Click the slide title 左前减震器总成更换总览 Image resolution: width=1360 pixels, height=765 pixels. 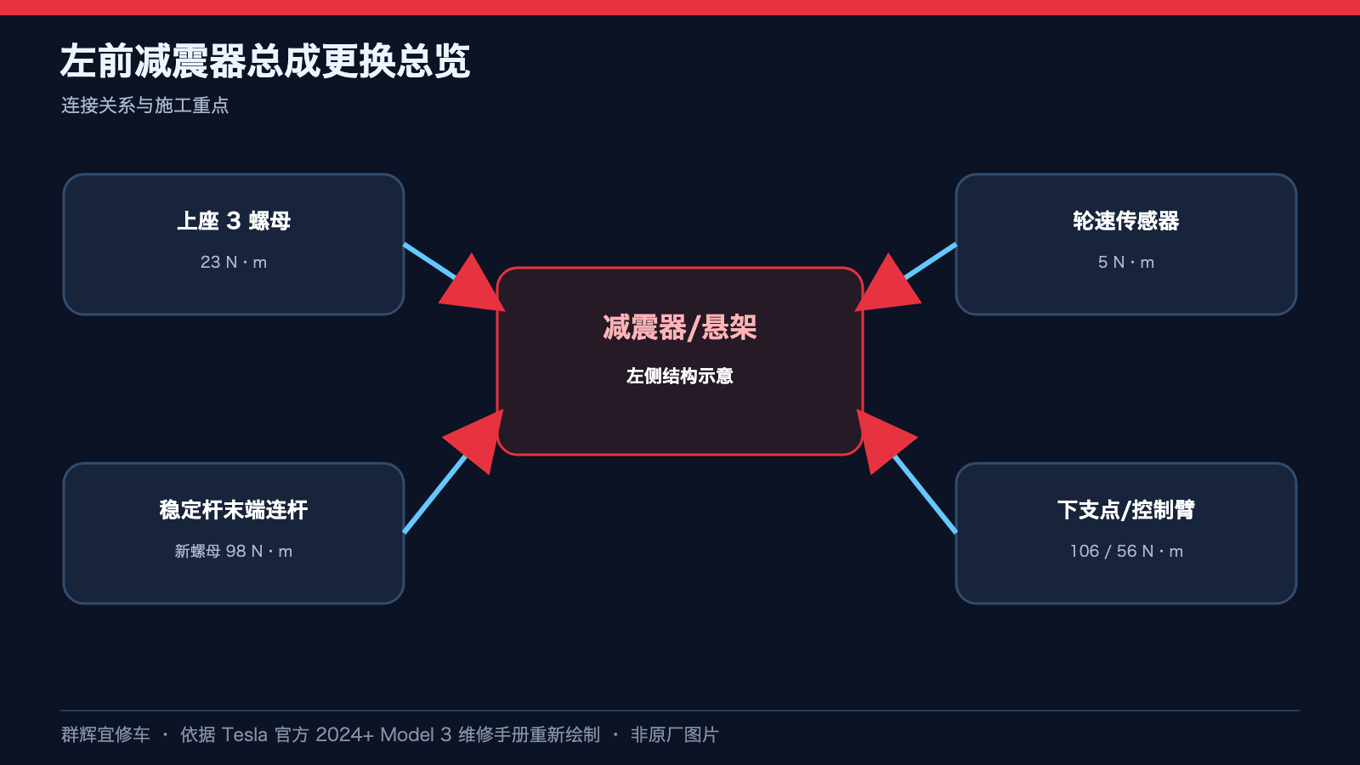[x=264, y=60]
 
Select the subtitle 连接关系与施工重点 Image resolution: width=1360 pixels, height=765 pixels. [x=144, y=105]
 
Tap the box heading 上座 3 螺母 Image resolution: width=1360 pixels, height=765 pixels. [x=234, y=220]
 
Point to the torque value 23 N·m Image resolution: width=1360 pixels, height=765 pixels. [x=234, y=262]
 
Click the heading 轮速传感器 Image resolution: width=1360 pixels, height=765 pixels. [x=1125, y=220]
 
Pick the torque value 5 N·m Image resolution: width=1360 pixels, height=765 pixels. [x=1125, y=262]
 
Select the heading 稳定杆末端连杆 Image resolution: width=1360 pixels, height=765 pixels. [x=234, y=509]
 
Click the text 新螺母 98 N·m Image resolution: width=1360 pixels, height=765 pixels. [x=234, y=551]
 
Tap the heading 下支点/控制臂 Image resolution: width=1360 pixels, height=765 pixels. [x=1125, y=509]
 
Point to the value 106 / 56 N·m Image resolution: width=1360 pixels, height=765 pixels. [x=1125, y=551]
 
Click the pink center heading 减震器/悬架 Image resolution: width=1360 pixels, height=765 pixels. [x=679, y=327]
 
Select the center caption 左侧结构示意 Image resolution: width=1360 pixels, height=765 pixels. [x=679, y=376]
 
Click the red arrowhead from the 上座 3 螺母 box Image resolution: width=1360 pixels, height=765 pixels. [x=475, y=286]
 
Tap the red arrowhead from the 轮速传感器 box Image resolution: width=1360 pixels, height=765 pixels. [x=886, y=286]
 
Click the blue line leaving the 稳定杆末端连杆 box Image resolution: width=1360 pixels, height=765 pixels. [x=434, y=494]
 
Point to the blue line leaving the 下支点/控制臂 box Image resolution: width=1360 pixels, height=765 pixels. [x=926, y=494]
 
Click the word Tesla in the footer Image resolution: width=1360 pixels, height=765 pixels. [x=244, y=734]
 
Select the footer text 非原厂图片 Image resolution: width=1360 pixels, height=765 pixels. [x=675, y=734]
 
